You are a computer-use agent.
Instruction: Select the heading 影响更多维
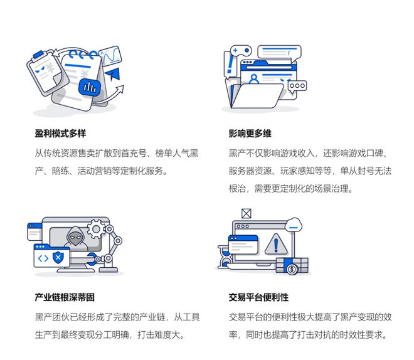pos(250,134)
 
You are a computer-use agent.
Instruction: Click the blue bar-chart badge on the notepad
pos(90,87)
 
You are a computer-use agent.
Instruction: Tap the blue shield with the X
pos(58,257)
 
